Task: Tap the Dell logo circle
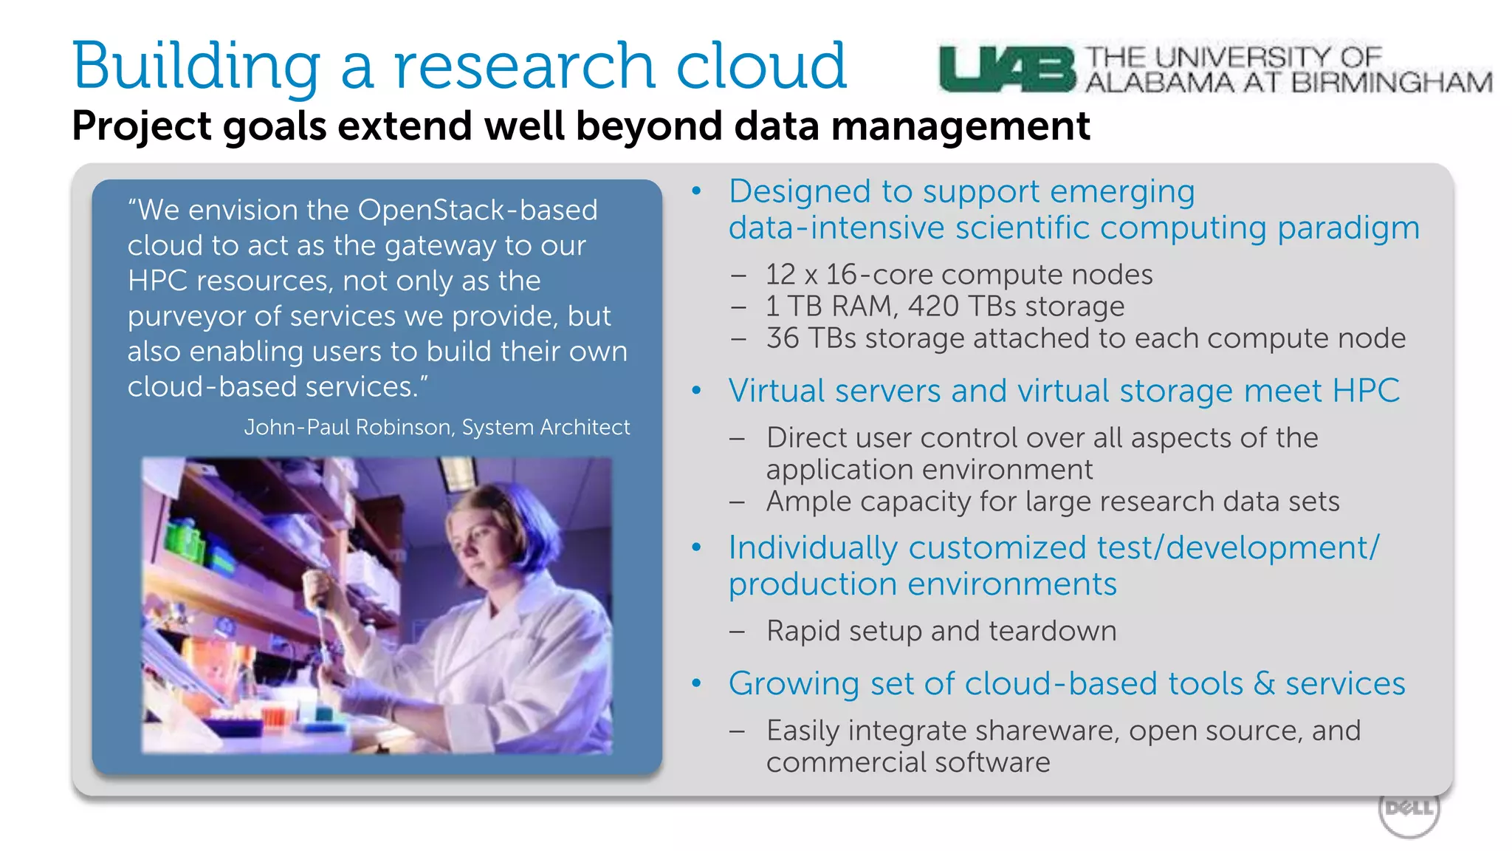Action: click(1409, 810)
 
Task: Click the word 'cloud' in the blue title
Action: click(760, 66)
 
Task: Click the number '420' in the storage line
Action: click(933, 307)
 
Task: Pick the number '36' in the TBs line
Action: click(783, 338)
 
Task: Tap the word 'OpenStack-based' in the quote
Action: click(478, 211)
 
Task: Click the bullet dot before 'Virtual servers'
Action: click(696, 391)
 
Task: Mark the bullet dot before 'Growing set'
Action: click(696, 683)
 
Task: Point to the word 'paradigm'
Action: click(1348, 228)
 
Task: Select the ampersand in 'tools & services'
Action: click(1264, 684)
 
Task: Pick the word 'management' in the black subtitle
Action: click(960, 126)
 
